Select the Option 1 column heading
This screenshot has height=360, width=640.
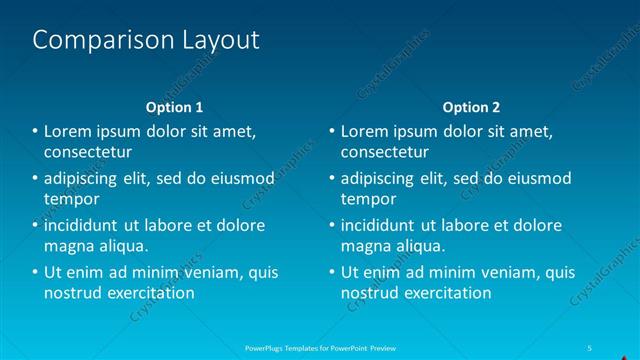174,107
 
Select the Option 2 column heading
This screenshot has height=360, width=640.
471,107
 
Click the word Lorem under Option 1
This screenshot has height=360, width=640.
69,131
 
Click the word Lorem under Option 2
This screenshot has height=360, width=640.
366,131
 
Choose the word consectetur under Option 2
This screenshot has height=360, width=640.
385,153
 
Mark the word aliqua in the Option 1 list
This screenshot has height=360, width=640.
122,246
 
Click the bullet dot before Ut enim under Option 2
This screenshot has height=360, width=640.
332,272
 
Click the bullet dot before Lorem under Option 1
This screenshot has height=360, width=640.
35,131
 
